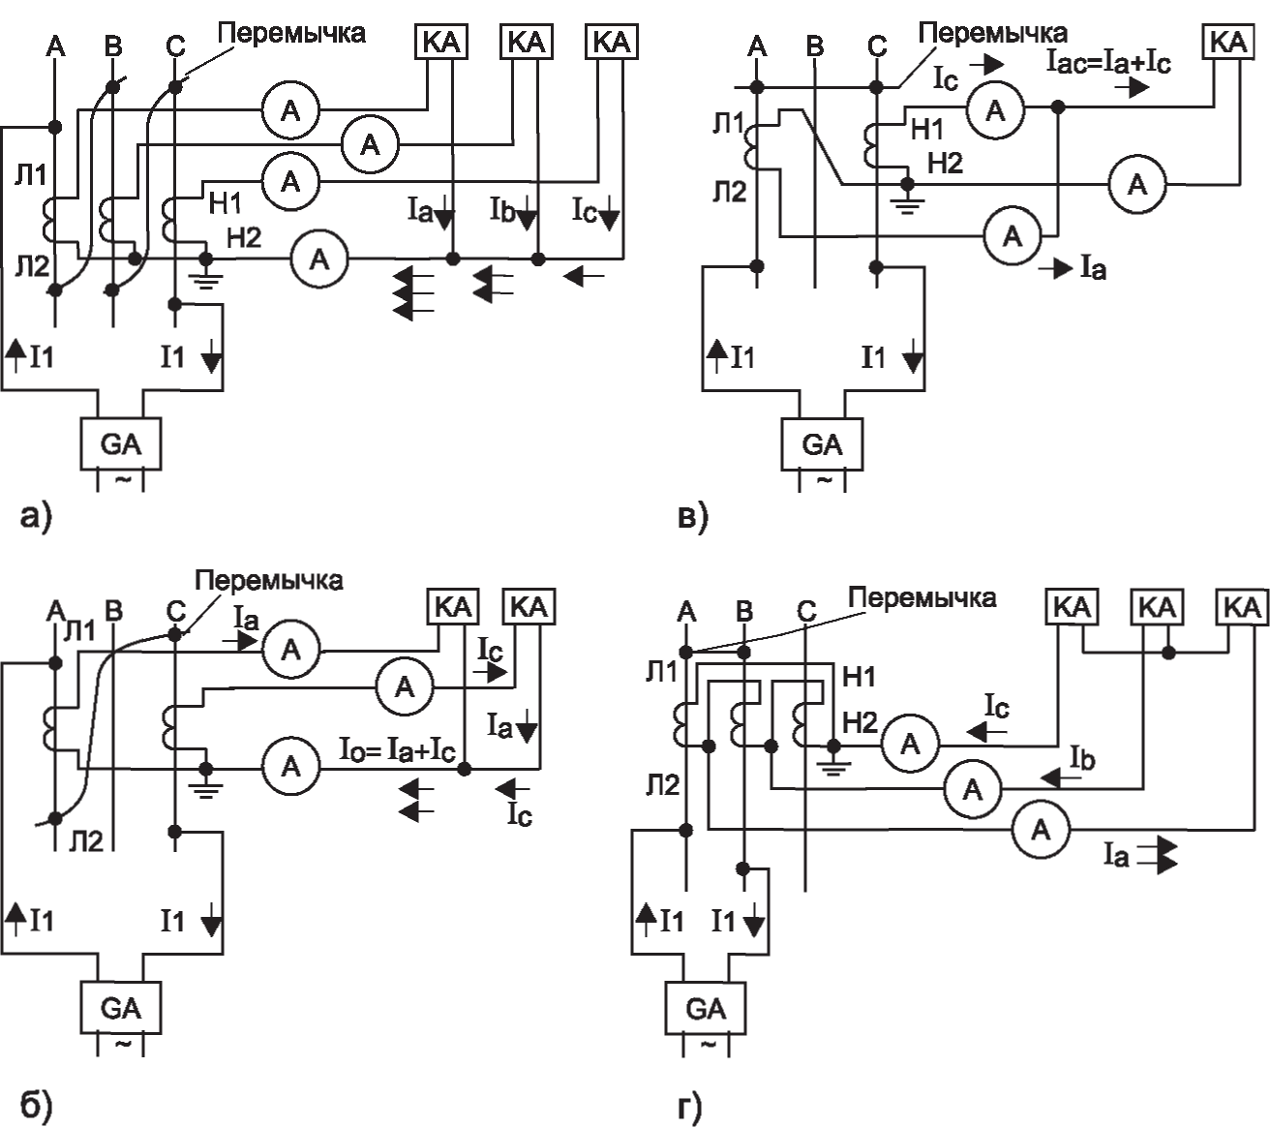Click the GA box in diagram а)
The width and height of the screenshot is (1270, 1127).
(x=120, y=443)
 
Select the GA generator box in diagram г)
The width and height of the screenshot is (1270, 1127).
(x=706, y=1009)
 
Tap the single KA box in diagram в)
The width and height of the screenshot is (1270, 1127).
(x=1228, y=42)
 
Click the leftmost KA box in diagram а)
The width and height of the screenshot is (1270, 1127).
(x=442, y=42)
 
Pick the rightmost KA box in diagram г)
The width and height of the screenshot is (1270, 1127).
(x=1243, y=607)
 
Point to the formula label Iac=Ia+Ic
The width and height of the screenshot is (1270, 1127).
(x=1108, y=63)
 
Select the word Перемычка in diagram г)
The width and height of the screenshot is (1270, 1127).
(x=922, y=597)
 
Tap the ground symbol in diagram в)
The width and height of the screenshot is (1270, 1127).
(x=906, y=198)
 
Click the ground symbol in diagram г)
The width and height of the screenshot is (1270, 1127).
(x=833, y=761)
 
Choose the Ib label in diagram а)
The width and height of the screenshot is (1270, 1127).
(x=503, y=210)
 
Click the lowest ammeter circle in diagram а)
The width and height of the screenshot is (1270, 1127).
(x=319, y=259)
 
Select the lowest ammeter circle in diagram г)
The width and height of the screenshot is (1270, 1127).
(x=1041, y=830)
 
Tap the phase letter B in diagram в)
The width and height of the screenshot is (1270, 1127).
(x=814, y=46)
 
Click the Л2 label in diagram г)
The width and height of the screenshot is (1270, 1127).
(x=662, y=784)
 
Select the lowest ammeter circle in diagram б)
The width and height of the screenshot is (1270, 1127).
(x=290, y=767)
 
